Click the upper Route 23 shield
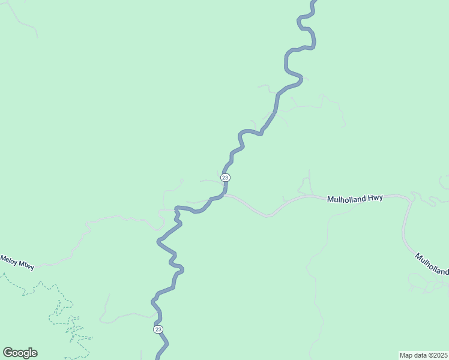(x=225, y=178)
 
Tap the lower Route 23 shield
(x=158, y=329)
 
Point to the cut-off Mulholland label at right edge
(x=432, y=264)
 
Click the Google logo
(x=20, y=353)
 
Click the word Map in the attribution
(x=406, y=355)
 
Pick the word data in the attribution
(x=420, y=355)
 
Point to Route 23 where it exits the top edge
(x=313, y=2)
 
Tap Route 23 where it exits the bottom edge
(x=158, y=357)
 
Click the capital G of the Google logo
(x=8, y=353)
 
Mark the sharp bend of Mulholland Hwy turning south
(x=411, y=199)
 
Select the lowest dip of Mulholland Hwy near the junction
(x=267, y=215)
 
